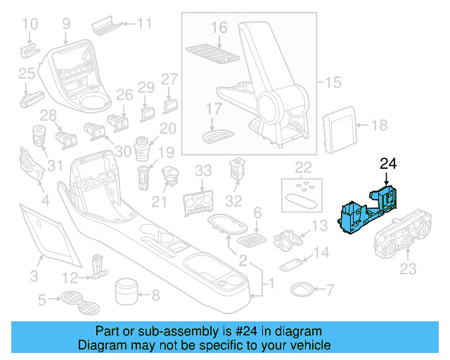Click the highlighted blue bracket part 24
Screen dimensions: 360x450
[368, 211]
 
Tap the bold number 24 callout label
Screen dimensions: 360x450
[389, 165]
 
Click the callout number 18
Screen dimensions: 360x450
[379, 126]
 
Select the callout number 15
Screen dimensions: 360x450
[333, 84]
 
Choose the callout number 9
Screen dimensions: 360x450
[66, 24]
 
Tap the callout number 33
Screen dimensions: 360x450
[202, 170]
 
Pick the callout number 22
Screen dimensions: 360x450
[303, 167]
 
